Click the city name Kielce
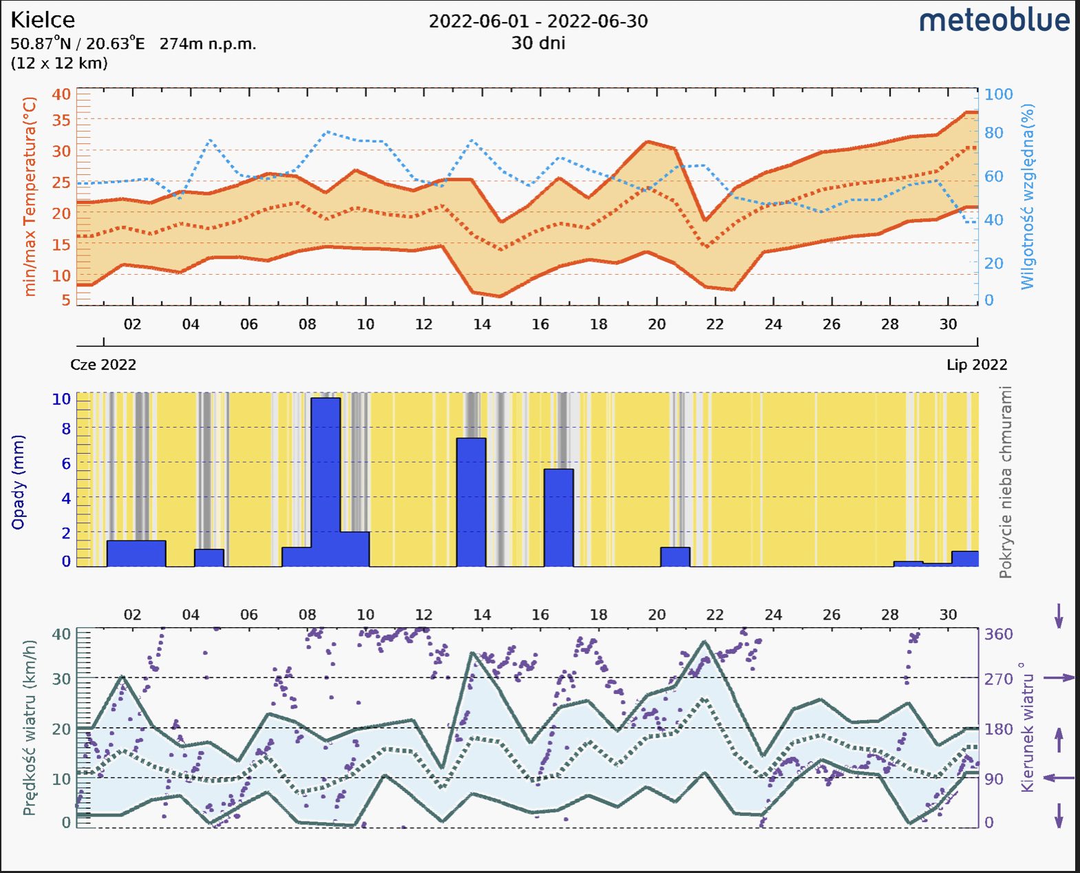click(x=43, y=19)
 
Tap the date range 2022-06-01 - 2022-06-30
click(x=538, y=21)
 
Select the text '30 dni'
click(x=538, y=43)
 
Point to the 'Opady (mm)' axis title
click(x=18, y=482)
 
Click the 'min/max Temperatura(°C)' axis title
click(x=29, y=197)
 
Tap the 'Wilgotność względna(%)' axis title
click(x=1027, y=197)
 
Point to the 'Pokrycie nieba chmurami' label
click(x=1006, y=482)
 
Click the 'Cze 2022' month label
click(x=103, y=365)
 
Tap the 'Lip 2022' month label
click(x=977, y=365)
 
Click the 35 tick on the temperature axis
click(x=61, y=120)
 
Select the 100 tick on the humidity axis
click(x=998, y=94)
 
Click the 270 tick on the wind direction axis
click(x=998, y=679)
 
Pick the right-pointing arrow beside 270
click(x=1059, y=678)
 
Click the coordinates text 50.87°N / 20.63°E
click(x=78, y=44)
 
